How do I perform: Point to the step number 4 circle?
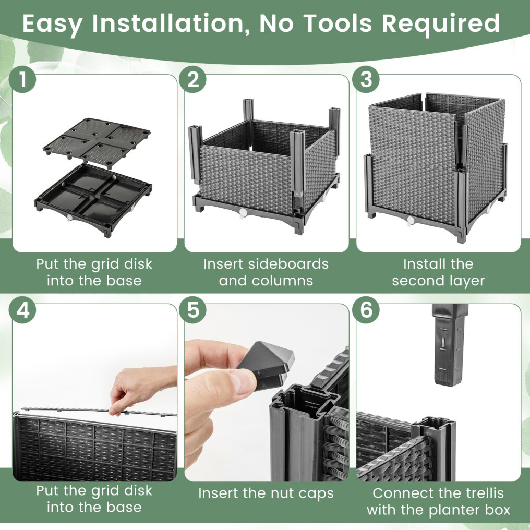click(22, 310)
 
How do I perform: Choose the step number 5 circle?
click(192, 310)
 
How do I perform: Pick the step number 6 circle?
click(366, 310)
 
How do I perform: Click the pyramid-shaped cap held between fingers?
click(267, 364)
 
